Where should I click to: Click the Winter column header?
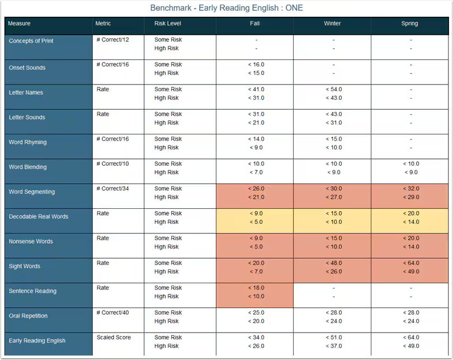click(332, 24)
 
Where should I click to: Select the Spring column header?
click(409, 24)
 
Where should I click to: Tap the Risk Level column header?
click(168, 24)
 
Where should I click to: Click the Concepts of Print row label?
click(31, 41)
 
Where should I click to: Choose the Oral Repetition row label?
click(29, 316)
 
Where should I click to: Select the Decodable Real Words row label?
click(39, 217)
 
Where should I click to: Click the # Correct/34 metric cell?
click(112, 189)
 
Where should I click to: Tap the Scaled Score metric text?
click(114, 338)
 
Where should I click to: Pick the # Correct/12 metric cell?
click(112, 40)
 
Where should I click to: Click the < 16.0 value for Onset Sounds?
click(256, 64)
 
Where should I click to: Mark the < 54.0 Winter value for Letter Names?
click(333, 90)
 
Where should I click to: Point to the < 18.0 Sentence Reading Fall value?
click(256, 288)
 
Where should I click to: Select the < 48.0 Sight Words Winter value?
click(333, 263)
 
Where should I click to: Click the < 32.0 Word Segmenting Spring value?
click(410, 189)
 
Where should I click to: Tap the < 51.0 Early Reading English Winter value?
click(333, 338)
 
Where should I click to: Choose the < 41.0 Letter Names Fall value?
click(256, 90)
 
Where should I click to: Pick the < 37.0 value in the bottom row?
click(333, 346)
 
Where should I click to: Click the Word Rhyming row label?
click(28, 142)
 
